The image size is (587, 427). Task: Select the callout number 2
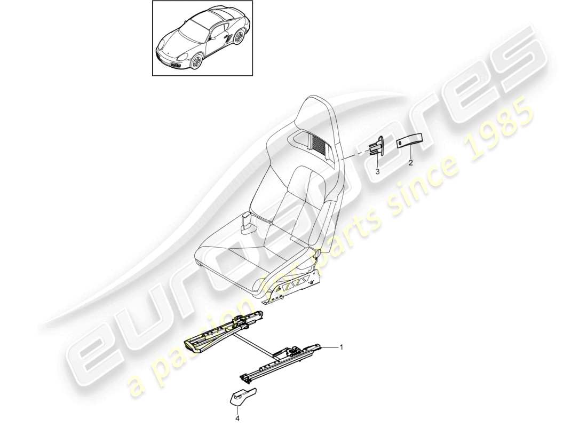point(411,163)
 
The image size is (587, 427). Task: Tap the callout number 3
point(377,171)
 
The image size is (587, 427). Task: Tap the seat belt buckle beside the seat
point(247,222)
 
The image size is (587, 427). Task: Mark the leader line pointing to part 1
point(331,347)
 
